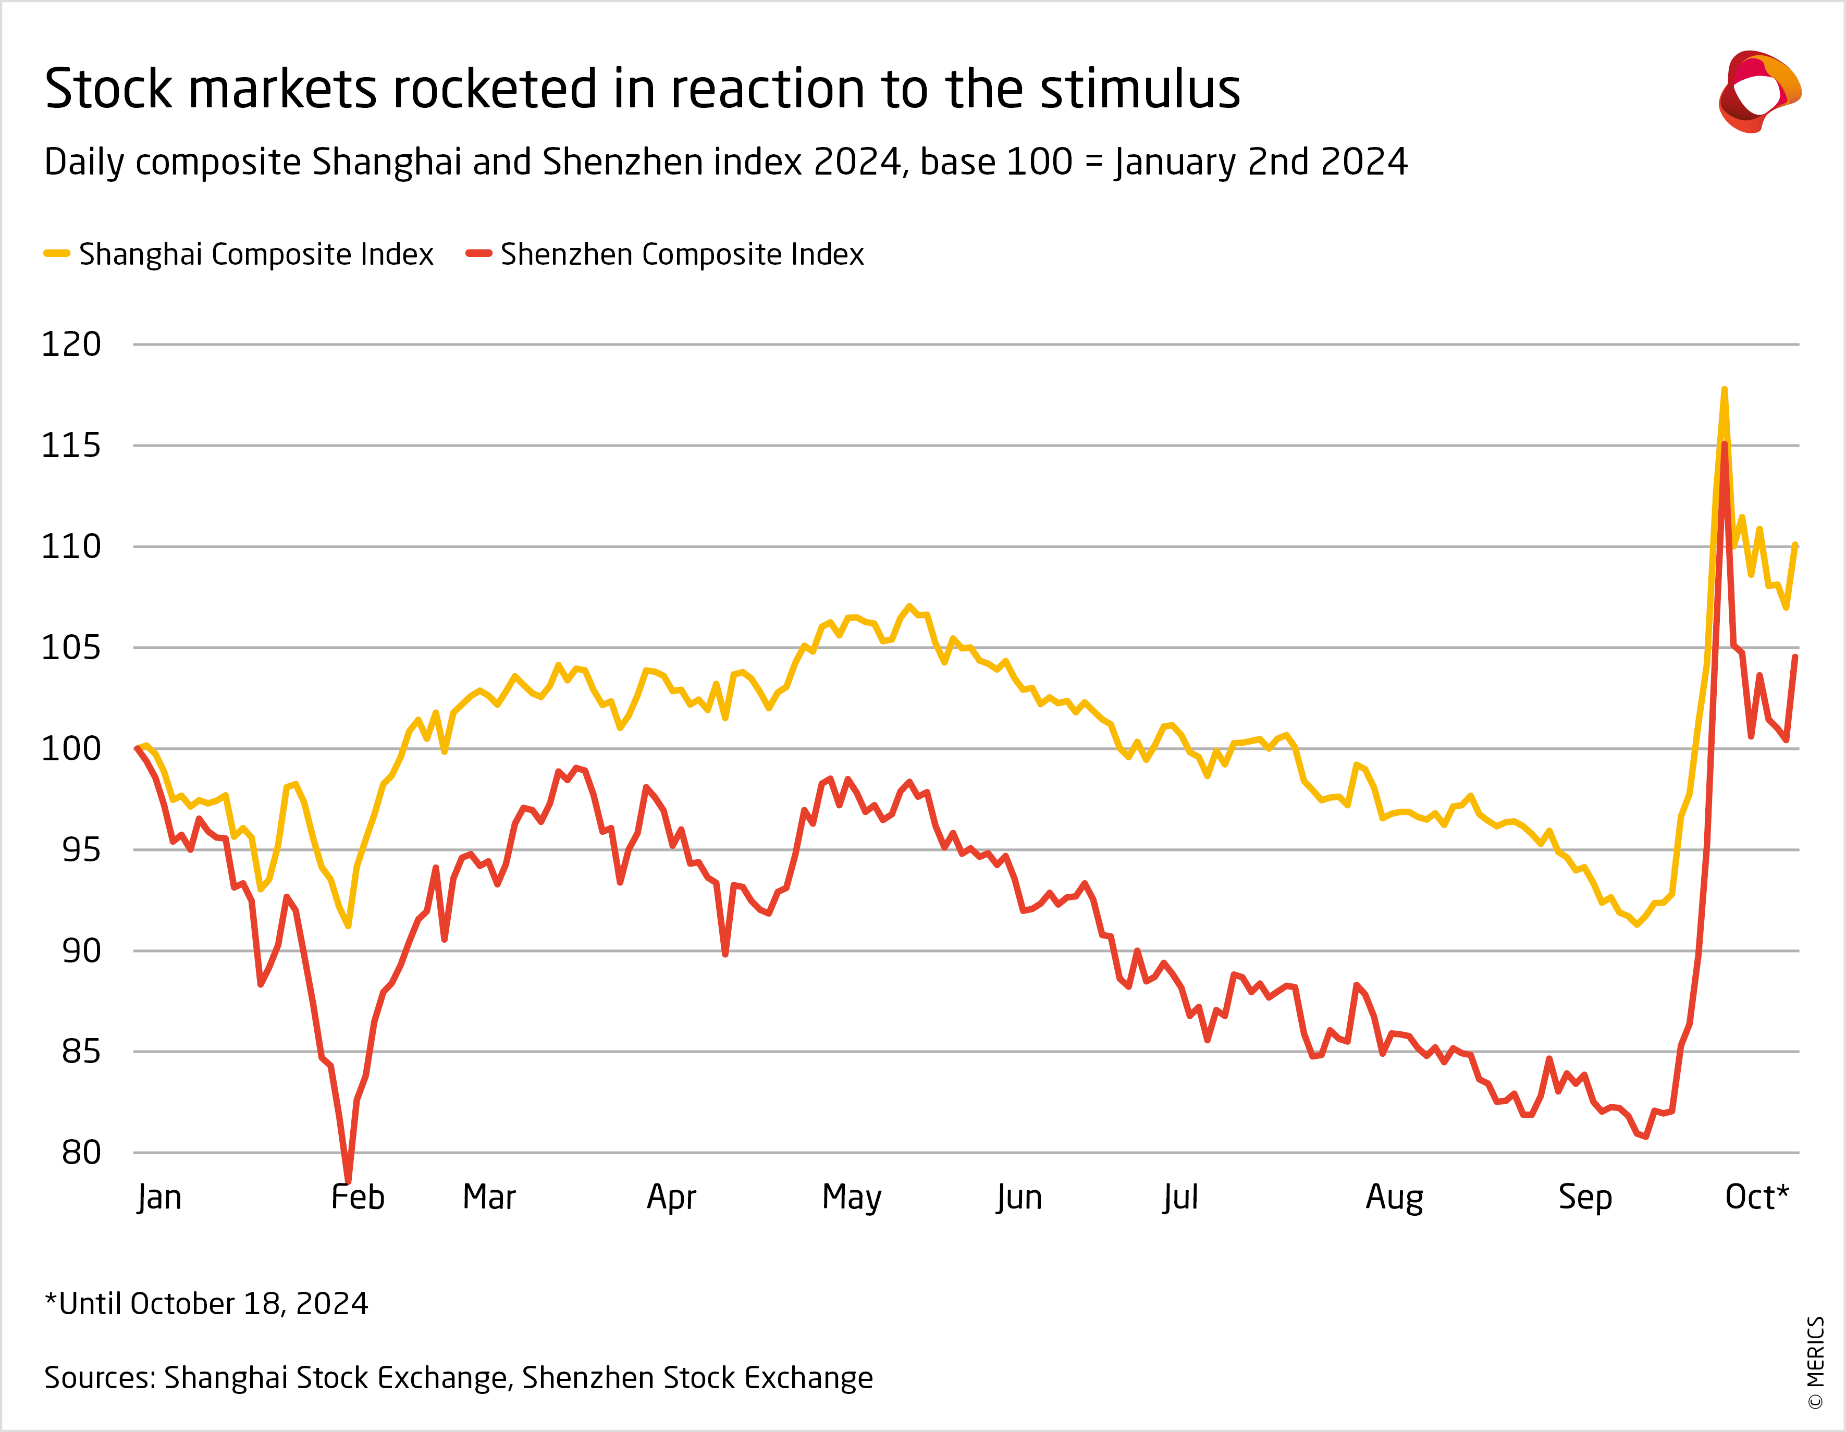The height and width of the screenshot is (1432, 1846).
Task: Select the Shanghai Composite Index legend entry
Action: coord(239,254)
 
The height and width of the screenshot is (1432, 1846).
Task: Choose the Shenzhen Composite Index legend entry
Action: coord(665,254)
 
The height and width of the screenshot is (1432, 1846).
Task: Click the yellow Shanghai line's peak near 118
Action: coord(1724,390)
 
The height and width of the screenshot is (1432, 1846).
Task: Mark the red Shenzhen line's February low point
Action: coord(348,1180)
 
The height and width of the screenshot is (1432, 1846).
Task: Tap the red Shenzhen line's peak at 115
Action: coord(1724,445)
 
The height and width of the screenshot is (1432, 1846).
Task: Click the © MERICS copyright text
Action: coord(1816,1362)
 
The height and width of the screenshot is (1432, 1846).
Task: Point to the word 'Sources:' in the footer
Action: coord(100,1378)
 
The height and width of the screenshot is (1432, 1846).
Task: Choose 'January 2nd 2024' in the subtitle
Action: coord(1260,162)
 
